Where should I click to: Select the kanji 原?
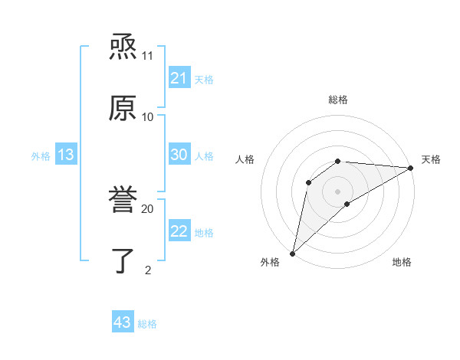pos(123,108)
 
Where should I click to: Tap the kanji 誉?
pos(123,200)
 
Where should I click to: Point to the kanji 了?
pos(123,260)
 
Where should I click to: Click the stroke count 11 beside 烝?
pos(147,56)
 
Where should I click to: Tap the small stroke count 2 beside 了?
pos(147,270)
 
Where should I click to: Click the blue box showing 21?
pos(179,78)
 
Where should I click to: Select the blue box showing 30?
pos(179,155)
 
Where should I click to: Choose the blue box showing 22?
pos(179,231)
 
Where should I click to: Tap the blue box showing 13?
pos(66,155)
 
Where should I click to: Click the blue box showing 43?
pos(123,322)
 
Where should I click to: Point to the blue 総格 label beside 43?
pos(147,324)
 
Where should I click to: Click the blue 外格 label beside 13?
pos(41,156)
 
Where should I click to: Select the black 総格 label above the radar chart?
pos(338,100)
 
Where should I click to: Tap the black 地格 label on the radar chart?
pos(402,262)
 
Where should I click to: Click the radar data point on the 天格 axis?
pos(411,168)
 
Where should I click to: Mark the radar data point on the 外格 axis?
pos(292,253)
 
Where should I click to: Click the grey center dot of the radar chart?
pos(338,191)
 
